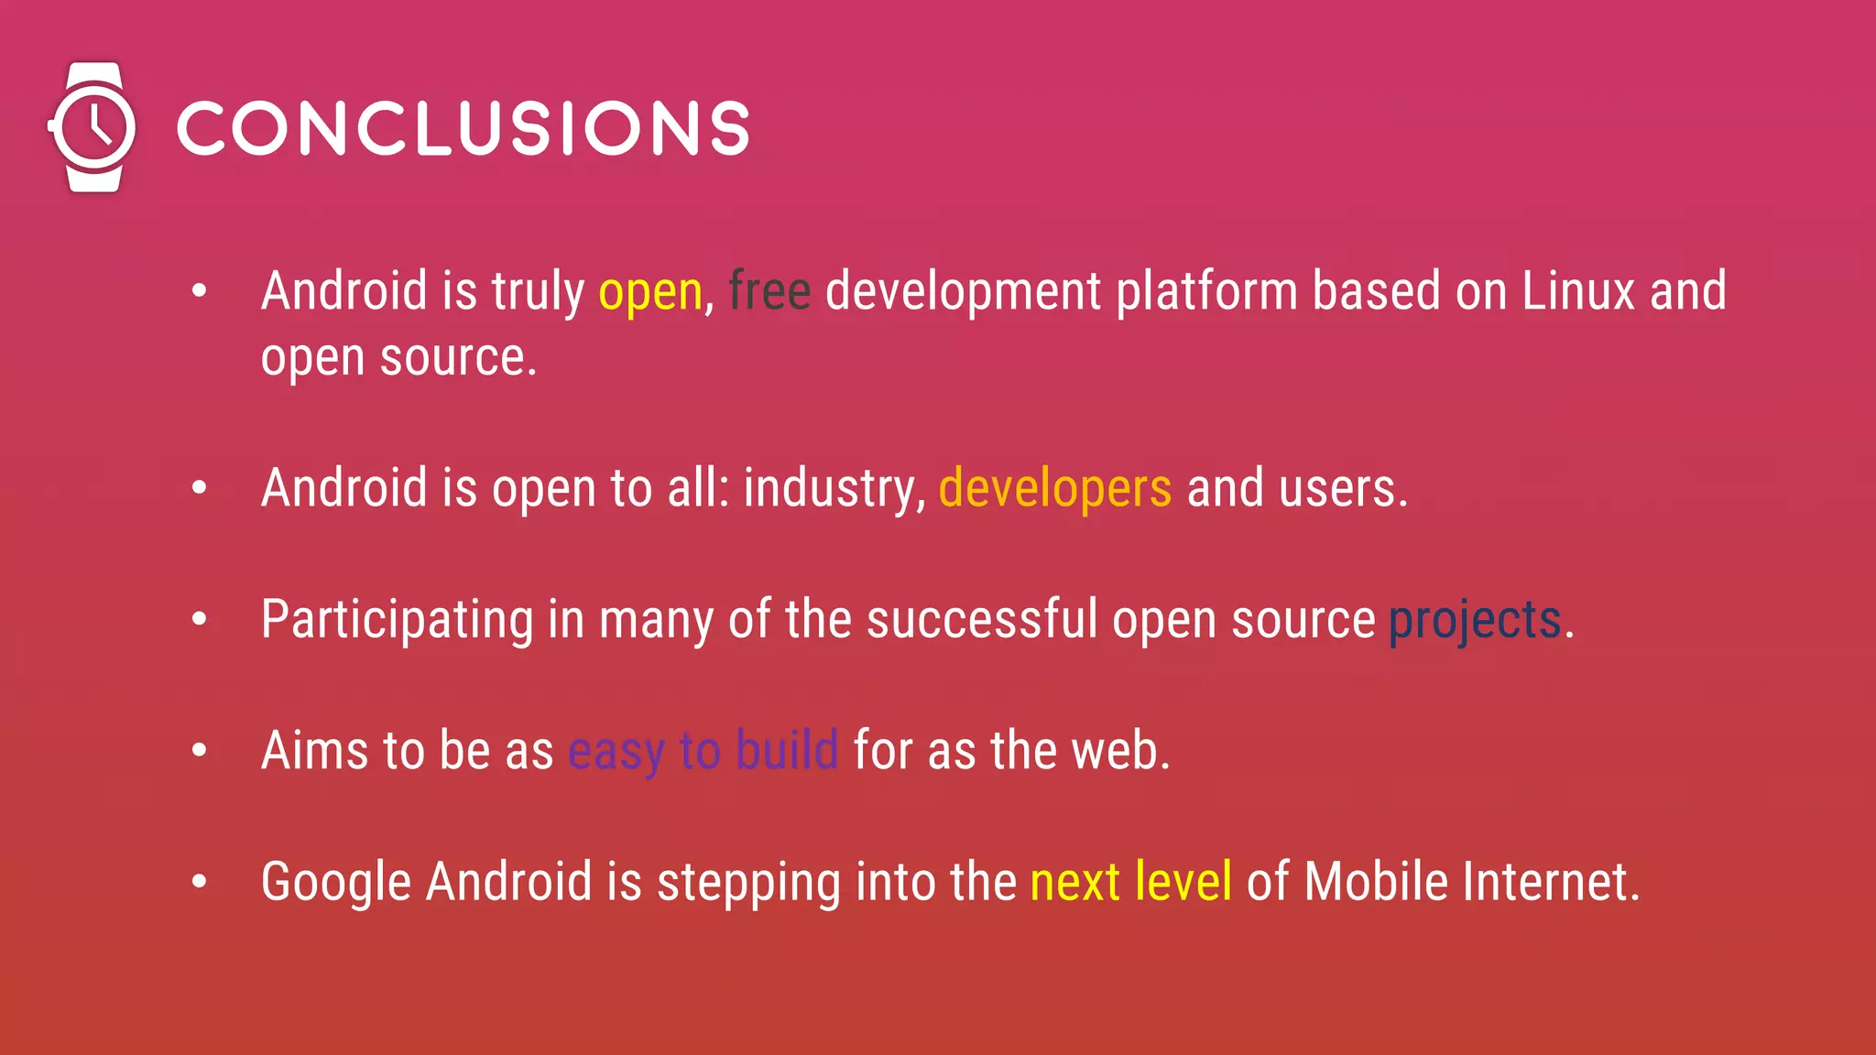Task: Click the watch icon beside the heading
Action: click(x=93, y=127)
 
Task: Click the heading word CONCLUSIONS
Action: click(x=464, y=128)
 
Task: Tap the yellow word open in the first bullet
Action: click(x=650, y=292)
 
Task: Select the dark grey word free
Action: click(x=769, y=292)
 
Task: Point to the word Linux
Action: click(x=1578, y=292)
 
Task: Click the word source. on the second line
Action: click(x=458, y=358)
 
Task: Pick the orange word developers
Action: click(x=1055, y=488)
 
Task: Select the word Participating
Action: click(x=397, y=620)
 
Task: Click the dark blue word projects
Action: click(x=1475, y=620)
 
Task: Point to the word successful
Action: click(x=982, y=620)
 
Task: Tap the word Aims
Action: click(x=314, y=751)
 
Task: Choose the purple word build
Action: click(x=787, y=751)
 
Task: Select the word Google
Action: click(x=336, y=883)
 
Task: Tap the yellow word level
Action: click(x=1183, y=883)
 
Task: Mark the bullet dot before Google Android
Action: click(x=200, y=882)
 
